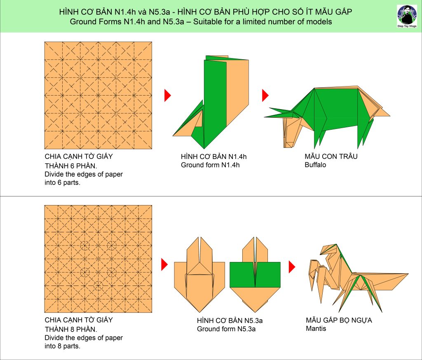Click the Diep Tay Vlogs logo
pos(407,16)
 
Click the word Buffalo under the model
pos(315,165)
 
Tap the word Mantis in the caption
pos(316,329)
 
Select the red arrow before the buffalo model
pos(265,95)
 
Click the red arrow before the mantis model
pos(292,267)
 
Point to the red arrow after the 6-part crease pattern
pos(168,95)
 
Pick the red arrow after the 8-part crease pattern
pos(164,264)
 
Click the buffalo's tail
pos(381,111)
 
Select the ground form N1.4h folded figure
pos(211,102)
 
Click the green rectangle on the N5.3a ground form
pos(255,274)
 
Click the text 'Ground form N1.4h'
pos(210,165)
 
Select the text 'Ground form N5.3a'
pos(226,329)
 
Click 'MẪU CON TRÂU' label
pos(331,157)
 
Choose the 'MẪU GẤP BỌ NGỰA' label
pos(339,320)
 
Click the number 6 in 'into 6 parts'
pos(59,183)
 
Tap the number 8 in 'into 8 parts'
pos(59,346)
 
